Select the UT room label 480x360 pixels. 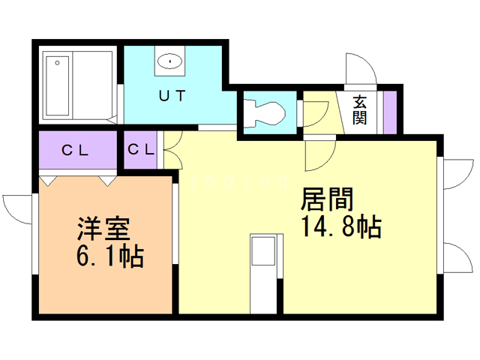click(x=172, y=96)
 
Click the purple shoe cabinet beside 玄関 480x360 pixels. click(x=389, y=110)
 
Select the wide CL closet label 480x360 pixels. click(x=74, y=150)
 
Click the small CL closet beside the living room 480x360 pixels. click(x=140, y=149)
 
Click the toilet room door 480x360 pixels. click(x=314, y=112)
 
